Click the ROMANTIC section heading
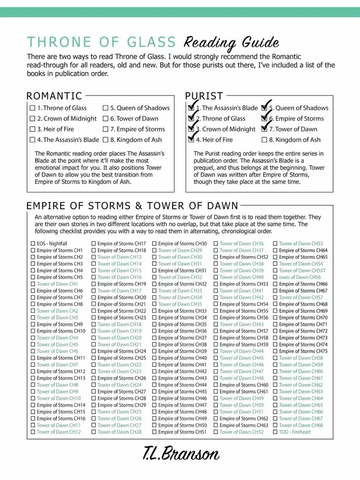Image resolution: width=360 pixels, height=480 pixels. click(54, 96)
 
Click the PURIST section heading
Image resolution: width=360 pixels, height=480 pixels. click(204, 96)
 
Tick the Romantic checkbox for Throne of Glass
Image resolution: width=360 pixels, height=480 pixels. click(32, 108)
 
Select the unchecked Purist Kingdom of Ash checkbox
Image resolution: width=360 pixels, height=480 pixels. click(264, 140)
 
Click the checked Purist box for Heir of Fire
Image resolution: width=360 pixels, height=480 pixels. click(191, 140)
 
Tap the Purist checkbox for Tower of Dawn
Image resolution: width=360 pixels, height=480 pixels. click(264, 129)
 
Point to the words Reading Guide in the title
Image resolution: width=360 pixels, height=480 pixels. click(231, 43)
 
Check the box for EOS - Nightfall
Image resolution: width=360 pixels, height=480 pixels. click(33, 244)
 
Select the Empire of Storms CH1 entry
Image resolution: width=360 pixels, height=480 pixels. click(60, 250)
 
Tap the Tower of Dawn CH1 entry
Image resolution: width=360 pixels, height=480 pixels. click(57, 284)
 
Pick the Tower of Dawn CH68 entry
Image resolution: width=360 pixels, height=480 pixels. click(301, 425)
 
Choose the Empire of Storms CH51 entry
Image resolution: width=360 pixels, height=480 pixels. click(182, 432)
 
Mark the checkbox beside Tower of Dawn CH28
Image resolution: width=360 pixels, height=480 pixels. click(93, 432)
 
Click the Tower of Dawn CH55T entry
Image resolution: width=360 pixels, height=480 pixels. click(302, 271)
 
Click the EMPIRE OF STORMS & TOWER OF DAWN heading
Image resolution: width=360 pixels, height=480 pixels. click(132, 206)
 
